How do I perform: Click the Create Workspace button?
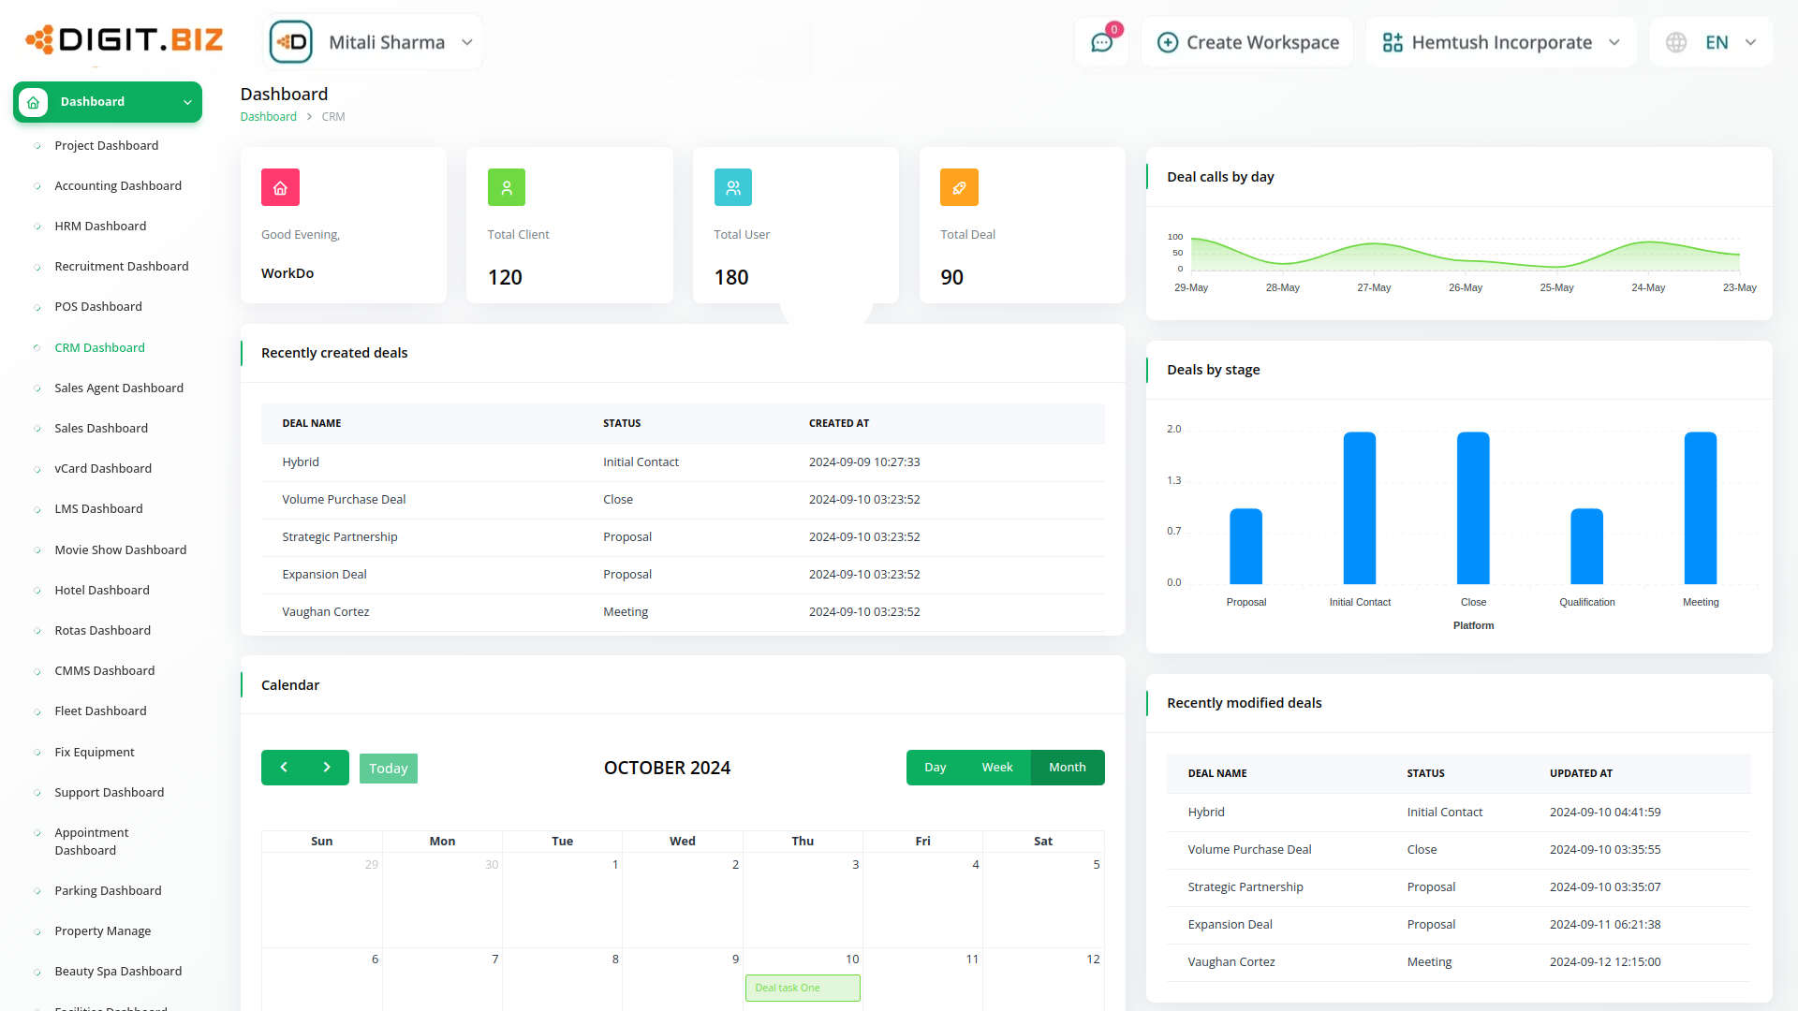click(1247, 42)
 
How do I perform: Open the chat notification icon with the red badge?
click(1101, 42)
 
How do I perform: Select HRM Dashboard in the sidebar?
click(100, 226)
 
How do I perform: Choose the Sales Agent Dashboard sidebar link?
click(119, 388)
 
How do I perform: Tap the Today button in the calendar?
click(388, 768)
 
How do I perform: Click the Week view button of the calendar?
click(996, 768)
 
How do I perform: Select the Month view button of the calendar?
click(1067, 768)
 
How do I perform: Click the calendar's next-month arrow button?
click(327, 768)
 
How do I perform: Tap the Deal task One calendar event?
click(803, 988)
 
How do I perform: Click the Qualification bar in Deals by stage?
click(1586, 547)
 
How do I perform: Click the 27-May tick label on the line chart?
click(1374, 287)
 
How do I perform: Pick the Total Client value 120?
click(505, 277)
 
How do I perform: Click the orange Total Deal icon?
click(959, 187)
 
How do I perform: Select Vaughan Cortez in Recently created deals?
click(326, 611)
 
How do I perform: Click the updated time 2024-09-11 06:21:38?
click(1604, 924)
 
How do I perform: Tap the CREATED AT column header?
click(839, 423)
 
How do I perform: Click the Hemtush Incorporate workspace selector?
click(1500, 42)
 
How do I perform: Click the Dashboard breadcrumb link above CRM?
click(268, 117)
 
